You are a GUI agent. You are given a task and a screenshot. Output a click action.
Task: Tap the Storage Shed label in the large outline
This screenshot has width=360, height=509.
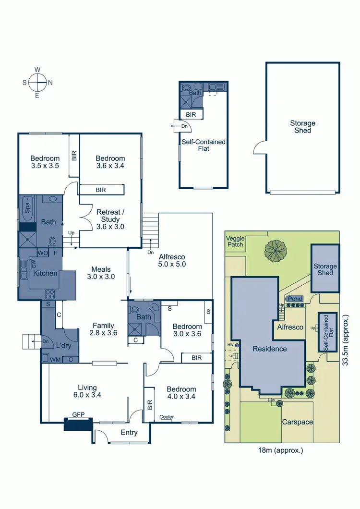coord(302,127)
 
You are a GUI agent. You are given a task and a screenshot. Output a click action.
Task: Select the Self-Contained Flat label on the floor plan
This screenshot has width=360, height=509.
coord(203,145)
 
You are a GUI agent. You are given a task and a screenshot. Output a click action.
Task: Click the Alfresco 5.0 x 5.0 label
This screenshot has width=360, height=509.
coord(171,260)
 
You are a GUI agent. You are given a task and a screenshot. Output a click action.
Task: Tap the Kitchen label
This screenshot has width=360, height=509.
coord(45,273)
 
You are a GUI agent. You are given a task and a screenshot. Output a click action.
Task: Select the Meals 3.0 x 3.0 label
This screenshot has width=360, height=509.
coord(101,273)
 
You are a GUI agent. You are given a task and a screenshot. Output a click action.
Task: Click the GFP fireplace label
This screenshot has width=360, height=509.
coord(78,414)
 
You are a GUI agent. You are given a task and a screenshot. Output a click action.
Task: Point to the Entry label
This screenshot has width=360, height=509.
coord(129,432)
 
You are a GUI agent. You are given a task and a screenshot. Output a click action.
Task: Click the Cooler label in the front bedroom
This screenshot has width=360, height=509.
coord(167,417)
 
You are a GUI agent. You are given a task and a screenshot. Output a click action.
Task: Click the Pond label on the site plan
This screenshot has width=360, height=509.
coord(295,299)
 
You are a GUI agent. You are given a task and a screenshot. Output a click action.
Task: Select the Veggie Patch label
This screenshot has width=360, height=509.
coord(235,241)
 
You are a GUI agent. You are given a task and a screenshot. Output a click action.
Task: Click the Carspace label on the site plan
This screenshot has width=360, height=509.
coord(298,422)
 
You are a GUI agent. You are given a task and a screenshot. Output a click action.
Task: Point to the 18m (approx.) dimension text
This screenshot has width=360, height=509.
coord(281,450)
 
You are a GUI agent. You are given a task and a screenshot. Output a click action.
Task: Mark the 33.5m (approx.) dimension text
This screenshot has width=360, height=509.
coord(346,340)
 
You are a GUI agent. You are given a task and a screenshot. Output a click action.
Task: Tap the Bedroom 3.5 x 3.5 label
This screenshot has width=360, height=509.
coord(45,162)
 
